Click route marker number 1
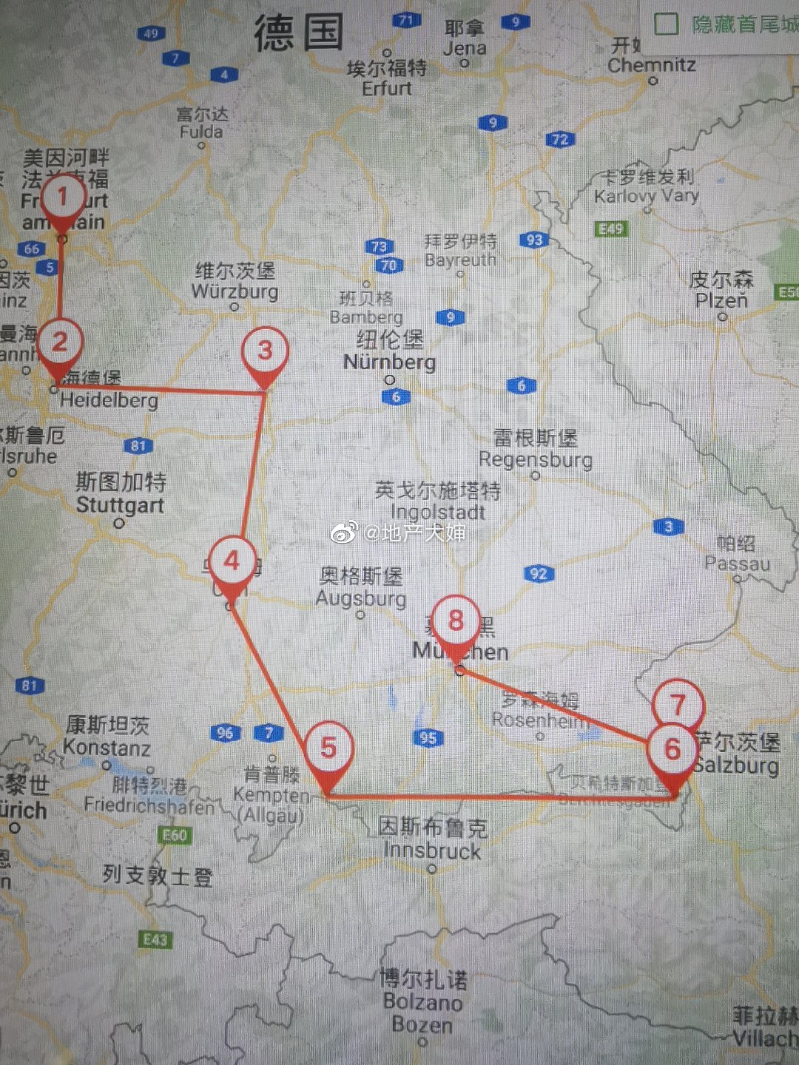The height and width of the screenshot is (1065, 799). pyautogui.click(x=62, y=197)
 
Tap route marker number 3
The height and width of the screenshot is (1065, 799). pyautogui.click(x=265, y=351)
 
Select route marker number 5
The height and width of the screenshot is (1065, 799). pyautogui.click(x=328, y=747)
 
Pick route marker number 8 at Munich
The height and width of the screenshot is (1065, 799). pyautogui.click(x=456, y=621)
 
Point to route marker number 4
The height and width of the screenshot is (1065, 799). pyautogui.click(x=232, y=561)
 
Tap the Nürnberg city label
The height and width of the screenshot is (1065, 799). pyautogui.click(x=389, y=362)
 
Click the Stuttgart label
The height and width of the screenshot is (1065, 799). pyautogui.click(x=120, y=505)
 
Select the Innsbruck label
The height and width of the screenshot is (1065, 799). pyautogui.click(x=432, y=851)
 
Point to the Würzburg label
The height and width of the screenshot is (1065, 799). pyautogui.click(x=235, y=291)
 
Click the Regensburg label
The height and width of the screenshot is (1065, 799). pyautogui.click(x=536, y=459)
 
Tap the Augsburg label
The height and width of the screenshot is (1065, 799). pyautogui.click(x=361, y=598)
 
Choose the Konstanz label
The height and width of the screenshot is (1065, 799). pyautogui.click(x=107, y=747)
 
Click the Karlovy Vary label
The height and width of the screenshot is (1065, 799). pyautogui.click(x=647, y=195)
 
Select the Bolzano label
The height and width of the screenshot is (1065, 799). pyautogui.click(x=422, y=1002)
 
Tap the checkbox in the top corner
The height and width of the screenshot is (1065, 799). pyautogui.click(x=666, y=24)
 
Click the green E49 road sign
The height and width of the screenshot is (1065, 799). pyautogui.click(x=611, y=229)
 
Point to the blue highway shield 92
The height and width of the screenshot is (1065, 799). pyautogui.click(x=539, y=573)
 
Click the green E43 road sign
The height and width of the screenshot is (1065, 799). pyautogui.click(x=155, y=939)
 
